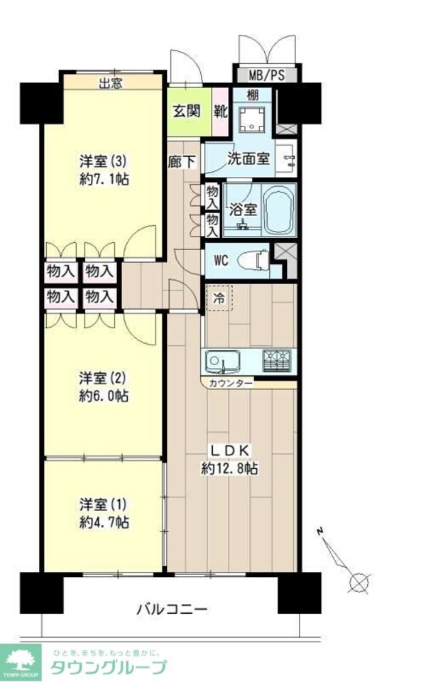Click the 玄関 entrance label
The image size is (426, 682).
coord(188,111)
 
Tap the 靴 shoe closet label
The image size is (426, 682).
coord(220,111)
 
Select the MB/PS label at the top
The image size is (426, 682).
coord(267,74)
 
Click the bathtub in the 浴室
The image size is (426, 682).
coord(278,210)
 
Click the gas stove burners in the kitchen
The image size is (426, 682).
coord(278,362)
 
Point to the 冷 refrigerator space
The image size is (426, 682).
coord(219,299)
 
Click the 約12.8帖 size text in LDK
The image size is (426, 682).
coord(229,469)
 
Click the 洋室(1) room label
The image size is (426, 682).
coord(104,504)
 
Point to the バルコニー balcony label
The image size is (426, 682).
coord(171,610)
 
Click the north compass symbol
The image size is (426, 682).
coord(359,582)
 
